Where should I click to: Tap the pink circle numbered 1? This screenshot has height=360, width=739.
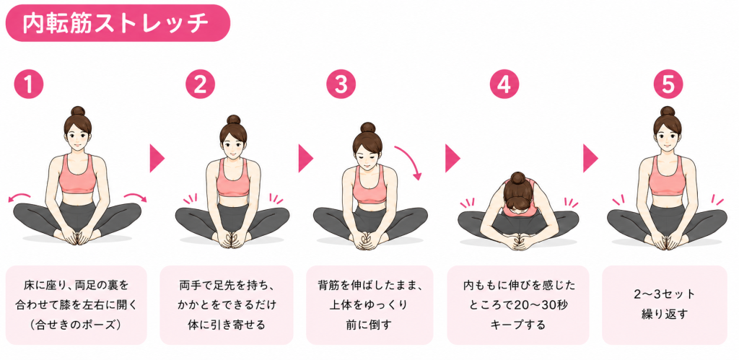pos(29,84)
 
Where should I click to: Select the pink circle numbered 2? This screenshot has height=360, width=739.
pos(200,84)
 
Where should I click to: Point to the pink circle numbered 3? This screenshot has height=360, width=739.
pos(341,84)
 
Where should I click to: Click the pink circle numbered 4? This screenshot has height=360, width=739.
pos(504,84)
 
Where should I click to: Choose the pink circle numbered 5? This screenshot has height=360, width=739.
pos(668,84)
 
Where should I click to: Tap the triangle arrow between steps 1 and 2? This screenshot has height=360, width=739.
pos(157,158)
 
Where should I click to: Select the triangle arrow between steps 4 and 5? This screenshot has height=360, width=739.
pos(590,158)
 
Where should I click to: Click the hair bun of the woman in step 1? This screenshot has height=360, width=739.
pos(78,112)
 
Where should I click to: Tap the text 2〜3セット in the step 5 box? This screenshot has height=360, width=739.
pos(665,294)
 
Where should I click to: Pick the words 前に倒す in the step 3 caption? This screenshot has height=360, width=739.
pos(369,325)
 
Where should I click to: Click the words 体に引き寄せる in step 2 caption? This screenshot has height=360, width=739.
pos(227,325)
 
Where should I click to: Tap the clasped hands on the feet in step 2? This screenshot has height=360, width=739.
pos(232,238)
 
